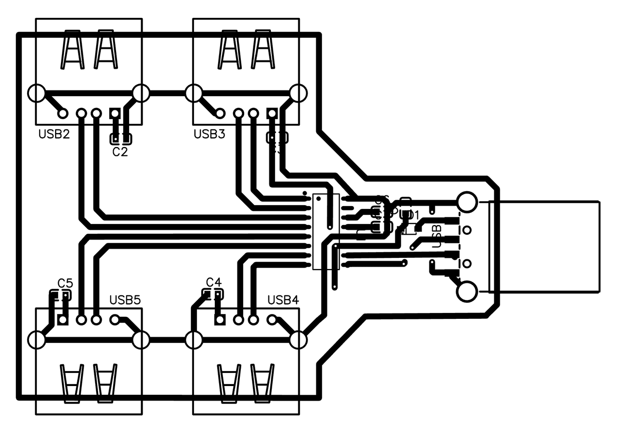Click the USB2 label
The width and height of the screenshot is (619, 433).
54,134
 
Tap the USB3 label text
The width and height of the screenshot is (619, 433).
209,134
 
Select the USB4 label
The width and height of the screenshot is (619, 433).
283,300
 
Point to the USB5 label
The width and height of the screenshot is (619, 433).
125,300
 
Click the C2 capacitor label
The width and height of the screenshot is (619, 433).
120,152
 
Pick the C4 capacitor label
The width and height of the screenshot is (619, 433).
214,282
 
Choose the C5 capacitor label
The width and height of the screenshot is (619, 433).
65,283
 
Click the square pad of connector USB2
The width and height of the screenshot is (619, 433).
115,113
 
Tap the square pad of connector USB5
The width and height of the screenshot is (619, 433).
62,319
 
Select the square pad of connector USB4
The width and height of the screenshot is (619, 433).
220,319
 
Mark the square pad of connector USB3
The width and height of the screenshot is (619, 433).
272,113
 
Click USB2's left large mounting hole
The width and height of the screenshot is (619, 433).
37,93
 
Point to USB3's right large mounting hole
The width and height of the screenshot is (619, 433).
298,93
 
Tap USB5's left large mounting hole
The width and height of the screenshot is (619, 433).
37,340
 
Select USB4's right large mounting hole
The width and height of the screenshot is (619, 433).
298,340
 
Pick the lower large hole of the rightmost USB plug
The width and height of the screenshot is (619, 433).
467,292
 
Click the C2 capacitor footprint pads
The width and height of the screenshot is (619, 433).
120,139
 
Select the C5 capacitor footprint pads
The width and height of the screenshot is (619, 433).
60,295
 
